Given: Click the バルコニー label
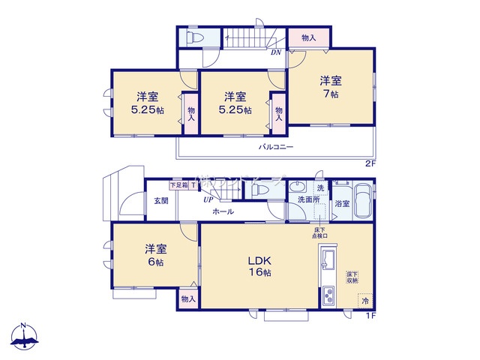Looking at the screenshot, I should (x=277, y=148).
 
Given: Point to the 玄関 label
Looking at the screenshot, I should (x=161, y=200).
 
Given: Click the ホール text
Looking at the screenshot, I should (x=223, y=211).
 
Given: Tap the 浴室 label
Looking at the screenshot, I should (x=342, y=203).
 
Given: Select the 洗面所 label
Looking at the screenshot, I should (x=307, y=200).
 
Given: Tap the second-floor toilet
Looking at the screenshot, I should (x=193, y=37).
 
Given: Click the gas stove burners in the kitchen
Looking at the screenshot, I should (x=328, y=297).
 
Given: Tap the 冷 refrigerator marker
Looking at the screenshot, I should (x=365, y=301).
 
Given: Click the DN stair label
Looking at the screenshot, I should (x=276, y=52).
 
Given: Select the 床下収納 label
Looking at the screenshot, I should (x=352, y=277).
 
